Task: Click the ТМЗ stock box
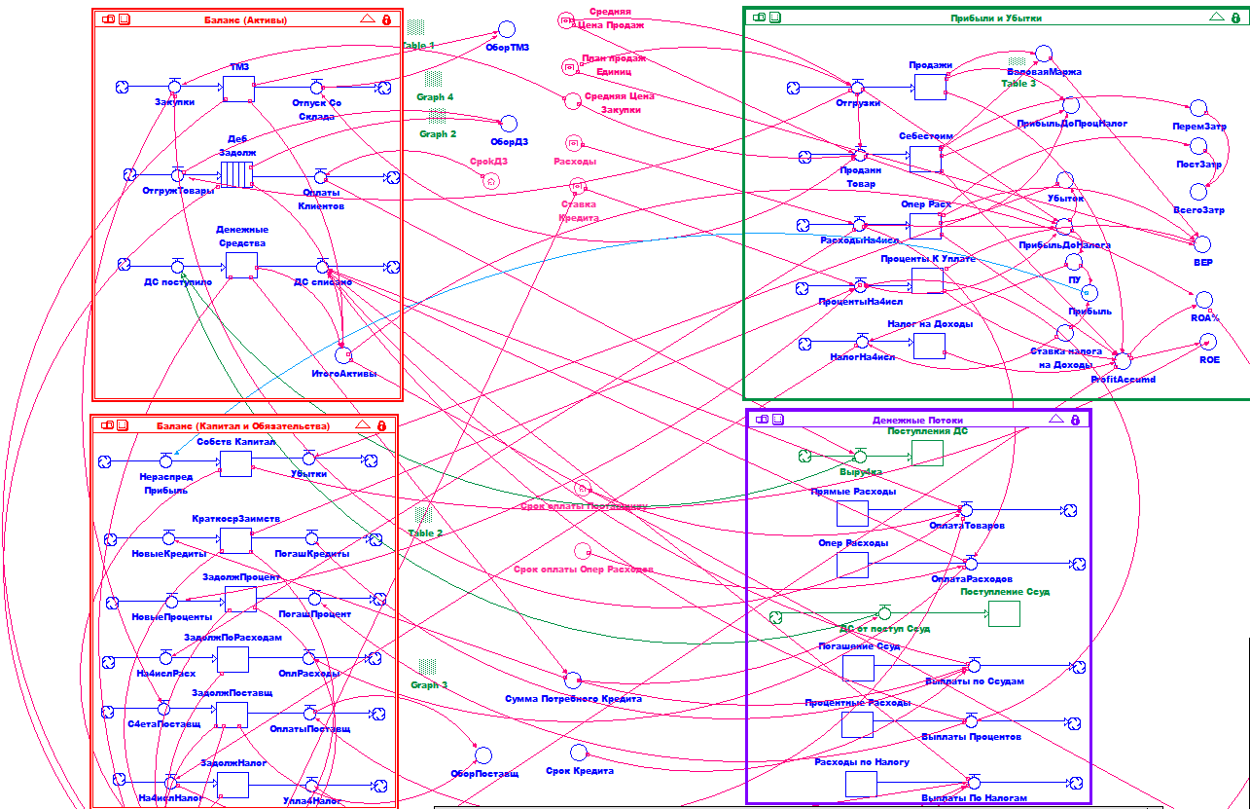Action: tap(238, 89)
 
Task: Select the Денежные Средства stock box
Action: tap(241, 266)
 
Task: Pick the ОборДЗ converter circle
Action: tap(508, 123)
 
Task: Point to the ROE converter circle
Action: tap(1207, 342)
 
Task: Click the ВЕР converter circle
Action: tap(1202, 243)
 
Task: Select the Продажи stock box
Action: tap(930, 87)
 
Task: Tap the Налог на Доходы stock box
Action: tap(929, 346)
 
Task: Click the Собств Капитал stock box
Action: tap(235, 463)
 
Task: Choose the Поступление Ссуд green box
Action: tap(1004, 613)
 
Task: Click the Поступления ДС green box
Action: tap(927, 453)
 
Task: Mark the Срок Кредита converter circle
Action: tap(578, 752)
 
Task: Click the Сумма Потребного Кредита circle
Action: tap(573, 680)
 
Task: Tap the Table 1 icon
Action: tap(416, 27)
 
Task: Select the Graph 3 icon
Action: tap(428, 667)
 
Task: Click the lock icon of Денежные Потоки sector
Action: tap(1075, 420)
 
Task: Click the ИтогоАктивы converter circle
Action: tap(342, 355)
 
